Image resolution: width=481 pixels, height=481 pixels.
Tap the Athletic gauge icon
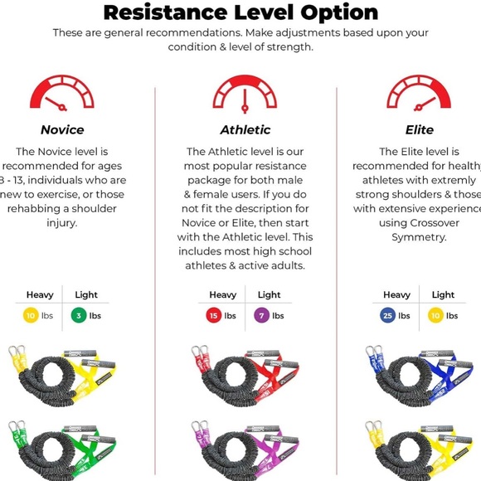coord(245,93)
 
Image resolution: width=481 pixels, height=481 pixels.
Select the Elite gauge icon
coord(419,93)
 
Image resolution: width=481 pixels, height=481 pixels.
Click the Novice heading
coord(62,130)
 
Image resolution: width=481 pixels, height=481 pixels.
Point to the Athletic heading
coord(245,130)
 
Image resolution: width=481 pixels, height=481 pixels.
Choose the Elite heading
coord(419,130)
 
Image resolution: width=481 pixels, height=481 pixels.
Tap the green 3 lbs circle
coord(80,315)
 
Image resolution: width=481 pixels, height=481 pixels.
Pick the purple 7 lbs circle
coord(262,315)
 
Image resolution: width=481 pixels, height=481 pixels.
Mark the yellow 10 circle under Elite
coord(436,315)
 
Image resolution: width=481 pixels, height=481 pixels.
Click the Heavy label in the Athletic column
coord(222,294)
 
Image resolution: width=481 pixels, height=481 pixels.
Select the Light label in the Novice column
coord(86,294)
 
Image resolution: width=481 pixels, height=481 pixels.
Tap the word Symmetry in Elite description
coord(419,237)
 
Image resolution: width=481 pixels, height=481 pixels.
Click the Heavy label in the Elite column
coord(396,294)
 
